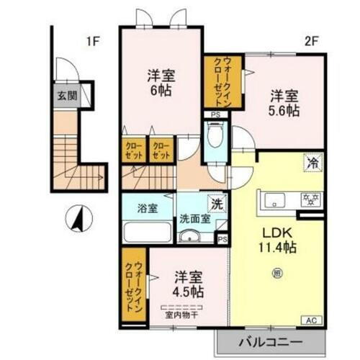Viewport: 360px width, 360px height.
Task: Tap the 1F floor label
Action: [92, 40]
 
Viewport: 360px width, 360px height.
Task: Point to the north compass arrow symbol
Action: [75, 217]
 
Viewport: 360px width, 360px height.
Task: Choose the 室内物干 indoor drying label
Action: [182, 313]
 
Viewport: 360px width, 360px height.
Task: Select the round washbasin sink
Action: [191, 238]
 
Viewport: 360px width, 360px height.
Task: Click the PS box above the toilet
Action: [214, 114]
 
